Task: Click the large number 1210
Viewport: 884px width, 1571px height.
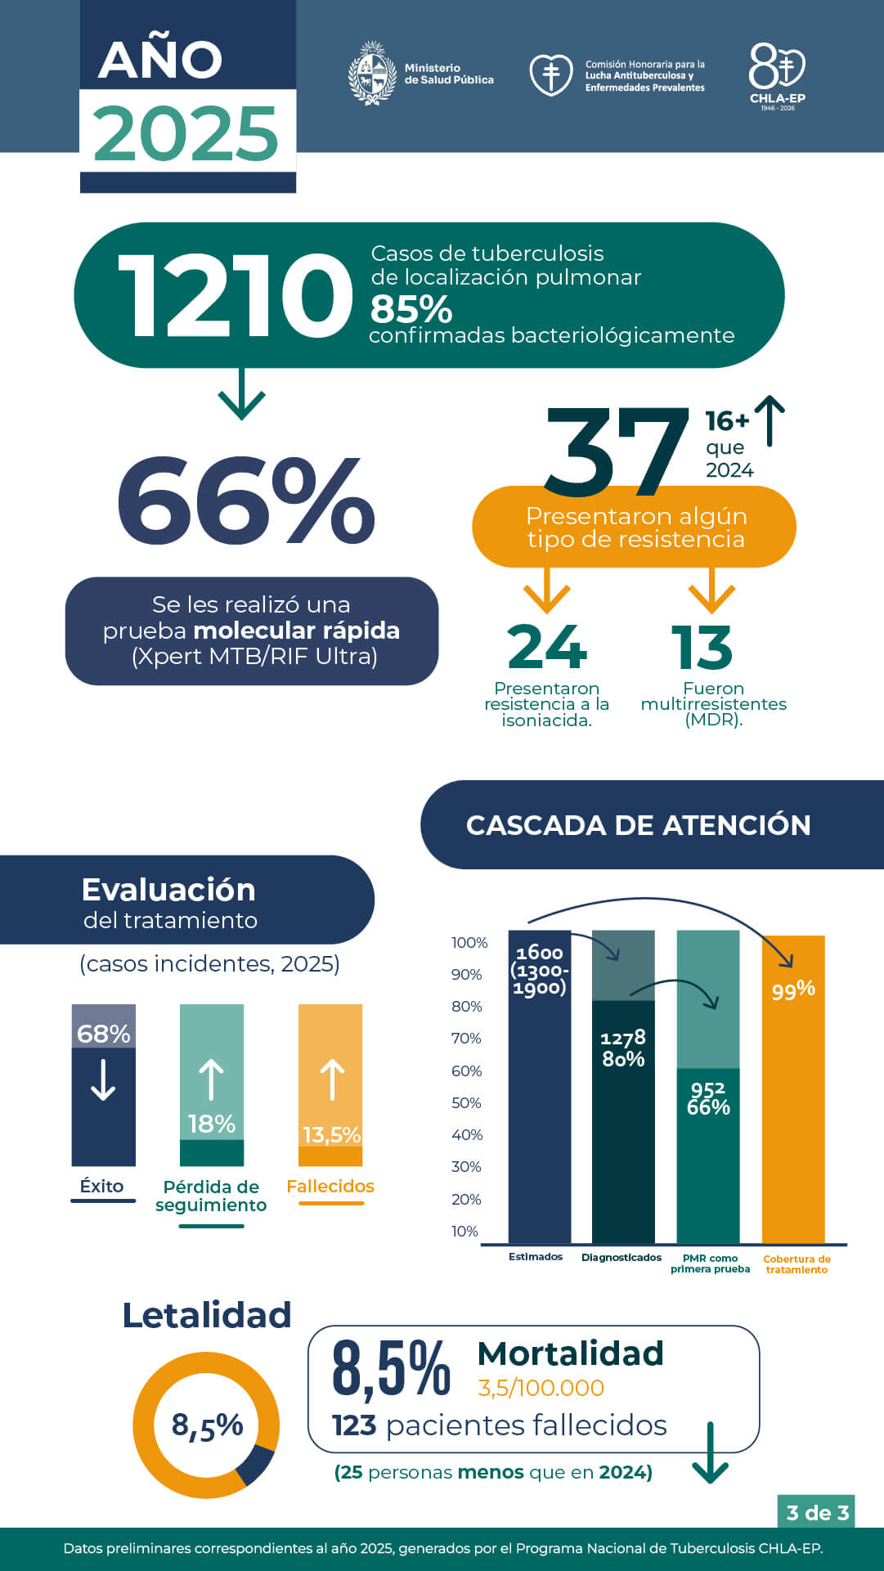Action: tap(236, 295)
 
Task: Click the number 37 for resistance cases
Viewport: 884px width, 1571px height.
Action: tap(617, 452)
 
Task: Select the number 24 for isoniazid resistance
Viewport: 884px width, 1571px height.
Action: tap(547, 647)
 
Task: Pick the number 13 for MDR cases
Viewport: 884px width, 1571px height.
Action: tap(702, 647)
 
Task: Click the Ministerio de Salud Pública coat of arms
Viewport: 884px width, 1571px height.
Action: tap(373, 74)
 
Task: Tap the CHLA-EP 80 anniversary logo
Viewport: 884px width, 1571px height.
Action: tap(777, 75)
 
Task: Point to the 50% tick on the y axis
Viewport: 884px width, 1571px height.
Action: tap(467, 1102)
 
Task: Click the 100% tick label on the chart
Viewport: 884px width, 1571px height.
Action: tap(469, 942)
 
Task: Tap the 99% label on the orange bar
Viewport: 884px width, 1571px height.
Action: tap(793, 990)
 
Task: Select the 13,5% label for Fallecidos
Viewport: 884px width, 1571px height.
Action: tap(331, 1134)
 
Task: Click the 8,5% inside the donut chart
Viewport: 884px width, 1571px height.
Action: tap(207, 1425)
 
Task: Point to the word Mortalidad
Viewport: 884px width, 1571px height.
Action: tap(570, 1354)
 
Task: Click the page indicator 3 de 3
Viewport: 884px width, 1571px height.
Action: tap(817, 1512)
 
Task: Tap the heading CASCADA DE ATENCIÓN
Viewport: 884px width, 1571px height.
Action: tap(638, 825)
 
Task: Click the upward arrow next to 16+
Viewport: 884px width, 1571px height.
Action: tap(770, 420)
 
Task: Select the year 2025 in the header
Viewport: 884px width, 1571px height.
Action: tap(186, 133)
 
